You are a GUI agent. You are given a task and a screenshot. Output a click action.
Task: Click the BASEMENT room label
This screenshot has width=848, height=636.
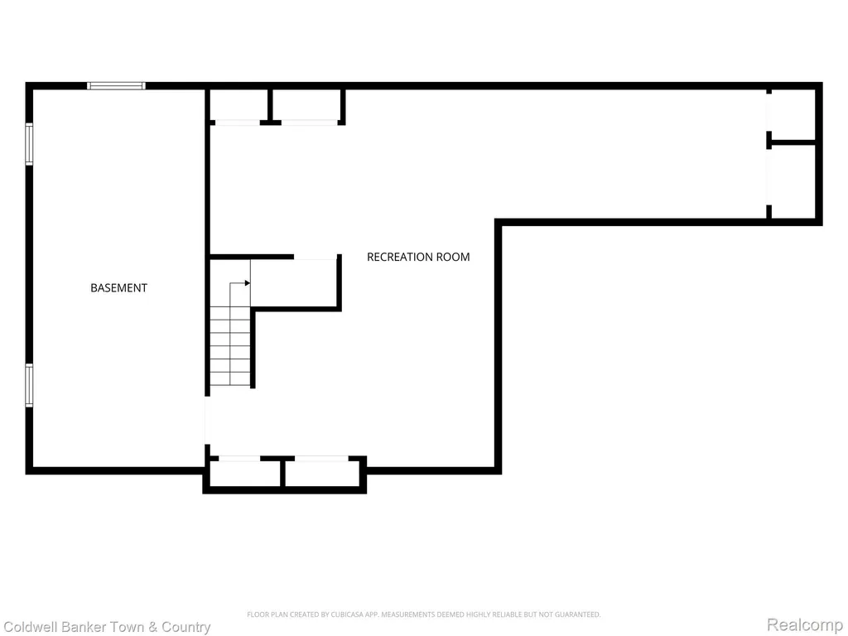(118, 287)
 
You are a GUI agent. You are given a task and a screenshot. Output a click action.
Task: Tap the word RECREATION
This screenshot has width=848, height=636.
(400, 257)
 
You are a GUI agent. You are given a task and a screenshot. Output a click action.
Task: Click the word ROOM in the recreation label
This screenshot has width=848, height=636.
(453, 257)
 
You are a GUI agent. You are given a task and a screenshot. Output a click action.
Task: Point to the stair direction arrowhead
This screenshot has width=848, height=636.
(247, 283)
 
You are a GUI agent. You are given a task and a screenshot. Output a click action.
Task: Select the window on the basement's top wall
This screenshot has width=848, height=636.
(116, 85)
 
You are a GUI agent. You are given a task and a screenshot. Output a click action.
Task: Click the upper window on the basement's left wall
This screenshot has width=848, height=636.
(29, 143)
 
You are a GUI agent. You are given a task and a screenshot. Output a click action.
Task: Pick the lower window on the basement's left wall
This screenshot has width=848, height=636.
(29, 385)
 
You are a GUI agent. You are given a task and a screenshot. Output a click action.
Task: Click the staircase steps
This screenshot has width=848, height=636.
(230, 346)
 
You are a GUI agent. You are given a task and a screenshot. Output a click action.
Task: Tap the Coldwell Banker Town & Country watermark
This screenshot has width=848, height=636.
(107, 627)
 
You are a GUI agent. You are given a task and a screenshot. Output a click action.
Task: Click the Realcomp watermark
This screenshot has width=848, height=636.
(805, 624)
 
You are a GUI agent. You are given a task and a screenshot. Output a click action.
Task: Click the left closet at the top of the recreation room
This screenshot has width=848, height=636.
(238, 105)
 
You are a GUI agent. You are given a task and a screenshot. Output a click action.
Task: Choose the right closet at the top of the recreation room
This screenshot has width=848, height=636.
(306, 105)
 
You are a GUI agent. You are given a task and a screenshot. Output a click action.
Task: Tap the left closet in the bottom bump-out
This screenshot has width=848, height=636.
(244, 473)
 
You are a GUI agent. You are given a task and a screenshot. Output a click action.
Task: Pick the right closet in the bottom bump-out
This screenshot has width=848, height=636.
(324, 473)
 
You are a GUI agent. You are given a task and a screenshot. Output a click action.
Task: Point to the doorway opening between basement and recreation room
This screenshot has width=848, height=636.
(206, 420)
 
